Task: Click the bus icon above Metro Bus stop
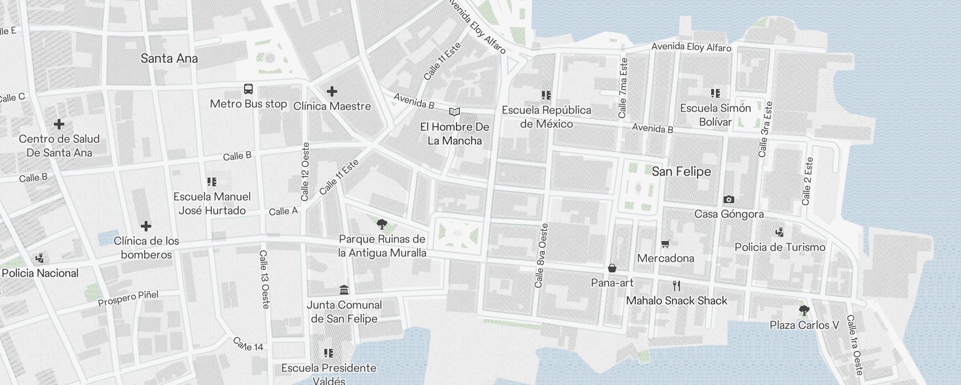pyautogui.click(x=248, y=89)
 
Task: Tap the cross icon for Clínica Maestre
pyautogui.click(x=332, y=91)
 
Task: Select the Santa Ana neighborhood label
pyautogui.click(x=169, y=59)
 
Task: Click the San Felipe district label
pyautogui.click(x=681, y=172)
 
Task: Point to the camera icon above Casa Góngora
pyautogui.click(x=728, y=199)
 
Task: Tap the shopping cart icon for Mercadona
pyautogui.click(x=665, y=244)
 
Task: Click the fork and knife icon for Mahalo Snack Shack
pyautogui.click(x=677, y=286)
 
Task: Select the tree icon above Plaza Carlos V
pyautogui.click(x=804, y=310)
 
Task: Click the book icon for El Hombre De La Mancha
pyautogui.click(x=454, y=112)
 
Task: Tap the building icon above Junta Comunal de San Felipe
pyautogui.click(x=344, y=290)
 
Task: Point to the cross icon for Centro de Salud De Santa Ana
pyautogui.click(x=59, y=124)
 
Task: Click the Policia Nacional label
pyautogui.click(x=40, y=273)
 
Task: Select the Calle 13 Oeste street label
pyautogui.click(x=264, y=279)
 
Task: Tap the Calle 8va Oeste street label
pyautogui.click(x=541, y=256)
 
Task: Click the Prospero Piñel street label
pyautogui.click(x=128, y=298)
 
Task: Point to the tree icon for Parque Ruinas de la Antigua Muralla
pyautogui.click(x=382, y=224)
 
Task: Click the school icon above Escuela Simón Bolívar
pyautogui.click(x=715, y=93)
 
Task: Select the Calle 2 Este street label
pyautogui.click(x=807, y=181)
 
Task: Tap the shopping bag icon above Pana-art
pyautogui.click(x=612, y=268)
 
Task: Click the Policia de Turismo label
pyautogui.click(x=779, y=247)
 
